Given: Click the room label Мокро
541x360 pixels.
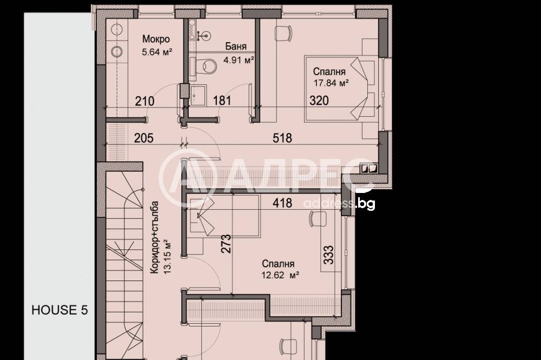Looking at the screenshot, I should (156, 39).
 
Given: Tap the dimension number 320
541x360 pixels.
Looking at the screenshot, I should (319, 101).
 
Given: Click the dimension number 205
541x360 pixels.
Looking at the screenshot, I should (144, 138).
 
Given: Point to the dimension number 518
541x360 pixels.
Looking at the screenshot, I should (283, 138).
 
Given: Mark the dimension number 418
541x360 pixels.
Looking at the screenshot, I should (283, 203).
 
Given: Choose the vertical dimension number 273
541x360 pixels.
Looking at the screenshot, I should (226, 244).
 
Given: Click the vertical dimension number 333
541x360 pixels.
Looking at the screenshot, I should (328, 254).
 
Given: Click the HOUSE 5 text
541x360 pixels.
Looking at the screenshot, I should (60, 310).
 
